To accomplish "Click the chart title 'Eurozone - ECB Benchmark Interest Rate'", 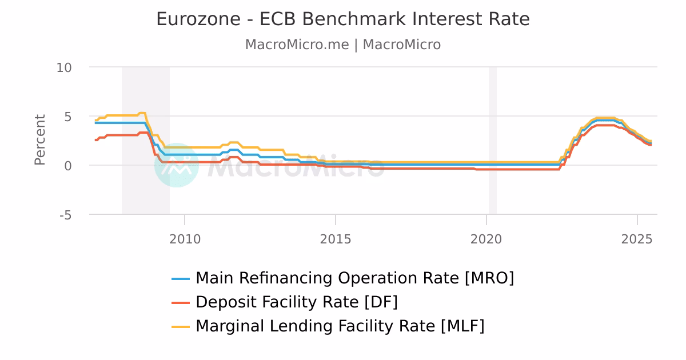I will [342, 19].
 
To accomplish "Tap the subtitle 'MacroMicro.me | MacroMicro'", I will [342, 45].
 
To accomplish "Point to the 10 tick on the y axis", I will [64, 67].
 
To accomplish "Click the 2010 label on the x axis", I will [185, 239].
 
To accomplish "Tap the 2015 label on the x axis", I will [336, 239].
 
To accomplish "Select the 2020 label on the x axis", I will [486, 239].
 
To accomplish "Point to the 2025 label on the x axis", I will [637, 239].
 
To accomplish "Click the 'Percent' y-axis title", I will [39, 140].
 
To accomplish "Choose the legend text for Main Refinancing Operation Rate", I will [354, 278].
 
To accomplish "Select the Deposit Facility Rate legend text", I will [296, 302].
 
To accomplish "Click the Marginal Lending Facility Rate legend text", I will [340, 326].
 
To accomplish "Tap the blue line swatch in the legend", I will [181, 279].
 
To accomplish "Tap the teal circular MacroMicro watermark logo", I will [176, 165].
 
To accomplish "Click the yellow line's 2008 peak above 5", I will [142, 113].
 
